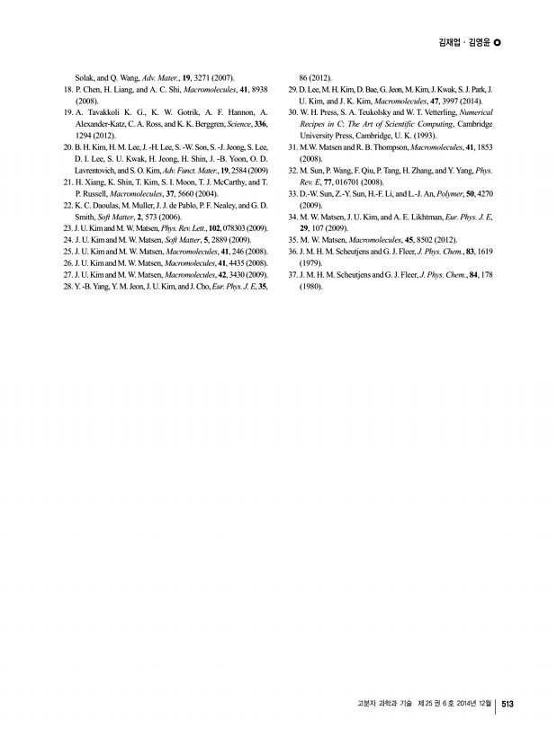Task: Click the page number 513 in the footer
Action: tap(507, 704)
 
